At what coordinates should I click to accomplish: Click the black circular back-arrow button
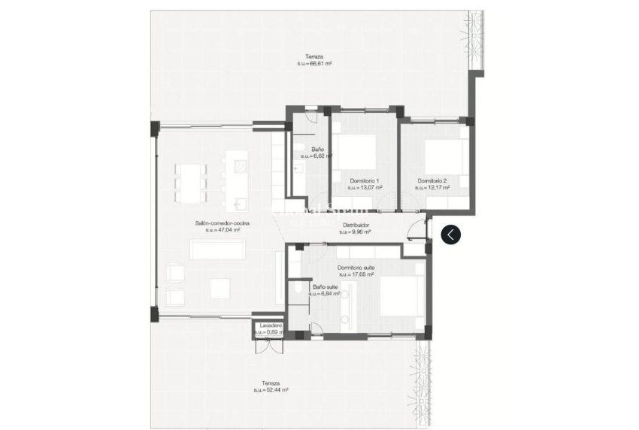[450, 235]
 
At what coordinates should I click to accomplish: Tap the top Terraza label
[314, 57]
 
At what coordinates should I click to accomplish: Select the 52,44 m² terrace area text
[271, 389]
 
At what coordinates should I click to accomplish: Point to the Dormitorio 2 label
[433, 180]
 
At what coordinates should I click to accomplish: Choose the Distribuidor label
[356, 225]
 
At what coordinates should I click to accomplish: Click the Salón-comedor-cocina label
[222, 224]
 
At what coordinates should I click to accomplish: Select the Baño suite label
[325, 286]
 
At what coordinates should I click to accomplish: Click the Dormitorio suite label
[356, 268]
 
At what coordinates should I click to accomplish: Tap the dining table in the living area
[191, 183]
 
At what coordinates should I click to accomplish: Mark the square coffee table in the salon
[220, 287]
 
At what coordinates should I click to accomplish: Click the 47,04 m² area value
[222, 231]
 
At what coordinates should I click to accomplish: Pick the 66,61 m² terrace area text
[314, 64]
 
